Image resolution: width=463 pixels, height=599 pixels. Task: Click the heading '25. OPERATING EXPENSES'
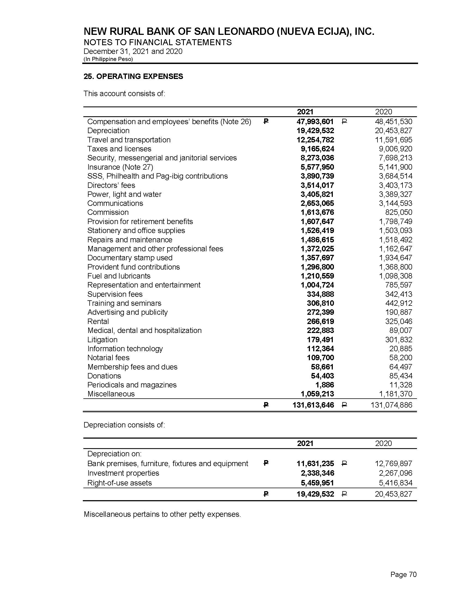coord(133,76)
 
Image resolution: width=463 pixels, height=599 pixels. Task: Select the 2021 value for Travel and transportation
coord(315,140)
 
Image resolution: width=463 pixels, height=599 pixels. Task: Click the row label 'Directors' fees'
coord(111,185)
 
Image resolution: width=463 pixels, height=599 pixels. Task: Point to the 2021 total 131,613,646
coord(313,405)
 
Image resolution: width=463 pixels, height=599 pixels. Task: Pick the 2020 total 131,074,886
coord(391,405)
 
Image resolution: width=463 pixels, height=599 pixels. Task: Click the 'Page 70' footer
coord(403,574)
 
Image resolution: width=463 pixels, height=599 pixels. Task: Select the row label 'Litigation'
coord(102,340)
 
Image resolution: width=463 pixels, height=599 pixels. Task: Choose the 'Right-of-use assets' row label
coord(119,483)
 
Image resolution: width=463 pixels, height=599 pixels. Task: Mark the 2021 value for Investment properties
coord(317,473)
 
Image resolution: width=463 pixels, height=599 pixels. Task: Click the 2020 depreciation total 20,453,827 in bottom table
coord(393,494)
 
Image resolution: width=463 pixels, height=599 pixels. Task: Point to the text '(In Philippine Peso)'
coord(108,59)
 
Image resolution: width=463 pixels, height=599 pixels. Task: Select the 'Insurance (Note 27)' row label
coord(120,167)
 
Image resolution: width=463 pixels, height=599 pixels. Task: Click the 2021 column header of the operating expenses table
coord(305,112)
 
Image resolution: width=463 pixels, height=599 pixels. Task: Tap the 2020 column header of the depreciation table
coord(383,444)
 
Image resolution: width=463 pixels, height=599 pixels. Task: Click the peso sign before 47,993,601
coord(266,121)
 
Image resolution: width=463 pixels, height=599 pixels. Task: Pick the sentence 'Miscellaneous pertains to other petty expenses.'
coord(162,514)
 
